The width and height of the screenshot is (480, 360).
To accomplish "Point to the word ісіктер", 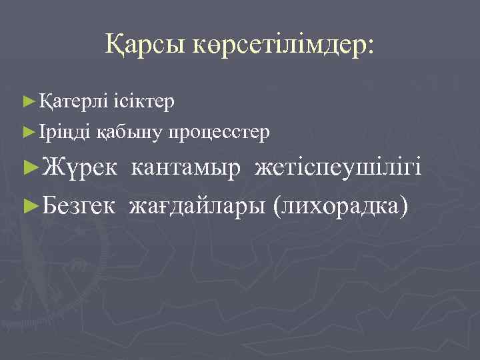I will (143, 101).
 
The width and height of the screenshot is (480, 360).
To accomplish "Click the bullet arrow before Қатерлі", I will (27, 102).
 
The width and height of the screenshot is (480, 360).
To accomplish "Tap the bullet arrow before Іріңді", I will (27, 133).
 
